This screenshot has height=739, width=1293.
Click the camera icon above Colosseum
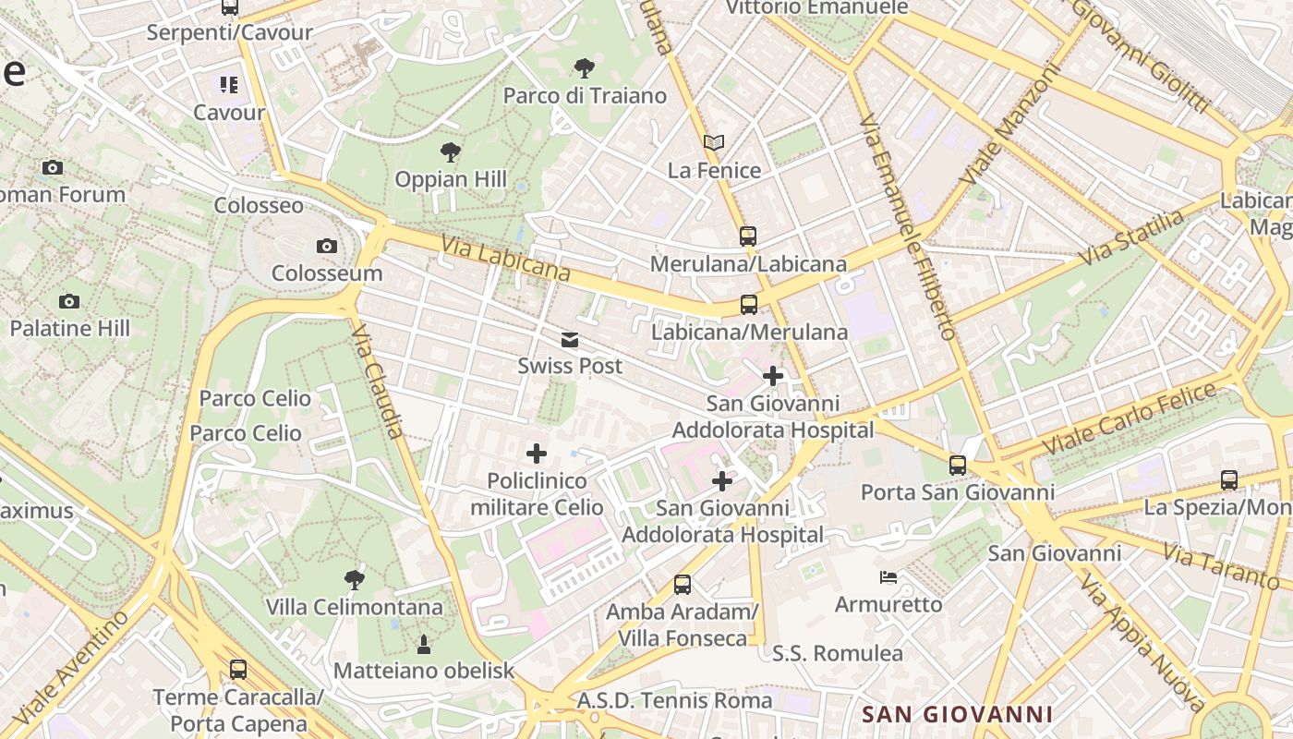(326, 246)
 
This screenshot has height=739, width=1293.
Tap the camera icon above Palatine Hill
(69, 301)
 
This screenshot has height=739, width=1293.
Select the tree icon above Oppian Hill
(450, 151)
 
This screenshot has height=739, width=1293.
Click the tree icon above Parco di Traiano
(584, 67)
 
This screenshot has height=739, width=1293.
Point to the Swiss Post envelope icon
(570, 340)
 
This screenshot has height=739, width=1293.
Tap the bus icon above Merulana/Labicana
(748, 236)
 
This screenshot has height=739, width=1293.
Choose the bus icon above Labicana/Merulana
(749, 305)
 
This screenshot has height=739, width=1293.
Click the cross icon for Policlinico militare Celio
(537, 454)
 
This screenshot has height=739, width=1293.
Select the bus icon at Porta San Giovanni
(958, 466)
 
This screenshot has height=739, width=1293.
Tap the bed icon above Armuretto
(888, 577)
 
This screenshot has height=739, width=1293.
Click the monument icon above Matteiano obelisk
(424, 643)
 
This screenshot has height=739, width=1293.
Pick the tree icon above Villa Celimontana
(354, 580)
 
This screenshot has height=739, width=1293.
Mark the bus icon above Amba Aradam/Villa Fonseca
(683, 584)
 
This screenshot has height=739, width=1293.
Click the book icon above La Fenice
(714, 143)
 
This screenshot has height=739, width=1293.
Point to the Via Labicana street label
(505, 259)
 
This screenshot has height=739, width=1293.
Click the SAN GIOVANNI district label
(958, 714)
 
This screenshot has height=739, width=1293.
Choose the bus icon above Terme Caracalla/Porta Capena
(238, 670)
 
